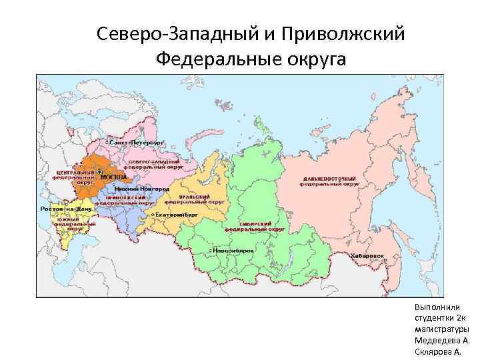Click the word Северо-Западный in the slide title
[x=179, y=33]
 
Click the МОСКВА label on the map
[x=113, y=177]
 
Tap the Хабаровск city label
[x=367, y=255]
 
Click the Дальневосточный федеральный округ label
[x=329, y=182]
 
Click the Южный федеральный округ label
[x=69, y=223]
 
